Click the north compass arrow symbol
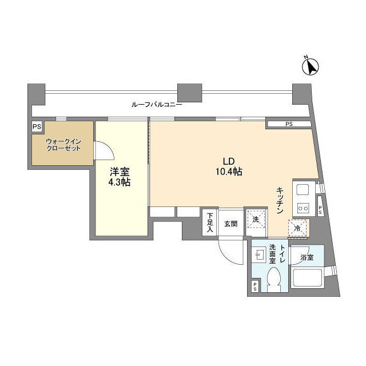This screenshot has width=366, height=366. pyautogui.click(x=311, y=66)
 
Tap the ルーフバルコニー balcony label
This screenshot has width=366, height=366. pyautogui.click(x=157, y=105)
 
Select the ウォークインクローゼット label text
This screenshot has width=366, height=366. pyautogui.click(x=63, y=145)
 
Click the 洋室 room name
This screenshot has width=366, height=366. pyautogui.click(x=120, y=172)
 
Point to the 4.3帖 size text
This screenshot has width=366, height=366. pyautogui.click(x=120, y=182)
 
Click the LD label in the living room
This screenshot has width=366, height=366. pyautogui.click(x=229, y=161)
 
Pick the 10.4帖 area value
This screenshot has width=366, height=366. pyautogui.click(x=229, y=172)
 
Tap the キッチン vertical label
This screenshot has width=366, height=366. pyautogui.click(x=280, y=200)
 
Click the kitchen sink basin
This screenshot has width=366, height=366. pyautogui.click(x=303, y=189)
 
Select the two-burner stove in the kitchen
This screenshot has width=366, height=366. pyautogui.click(x=303, y=207)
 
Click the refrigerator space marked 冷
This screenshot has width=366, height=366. pyautogui.click(x=297, y=228)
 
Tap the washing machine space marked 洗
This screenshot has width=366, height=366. pyautogui.click(x=256, y=220)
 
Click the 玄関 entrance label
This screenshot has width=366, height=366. pyautogui.click(x=231, y=224)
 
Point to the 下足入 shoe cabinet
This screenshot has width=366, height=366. pyautogui.click(x=210, y=222)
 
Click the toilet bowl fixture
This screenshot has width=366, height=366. pyautogui.click(x=274, y=280)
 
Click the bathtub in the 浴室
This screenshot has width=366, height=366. pyautogui.click(x=307, y=279)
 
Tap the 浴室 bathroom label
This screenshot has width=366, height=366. pyautogui.click(x=307, y=257)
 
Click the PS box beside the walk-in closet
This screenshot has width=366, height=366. pyautogui.click(x=37, y=127)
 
